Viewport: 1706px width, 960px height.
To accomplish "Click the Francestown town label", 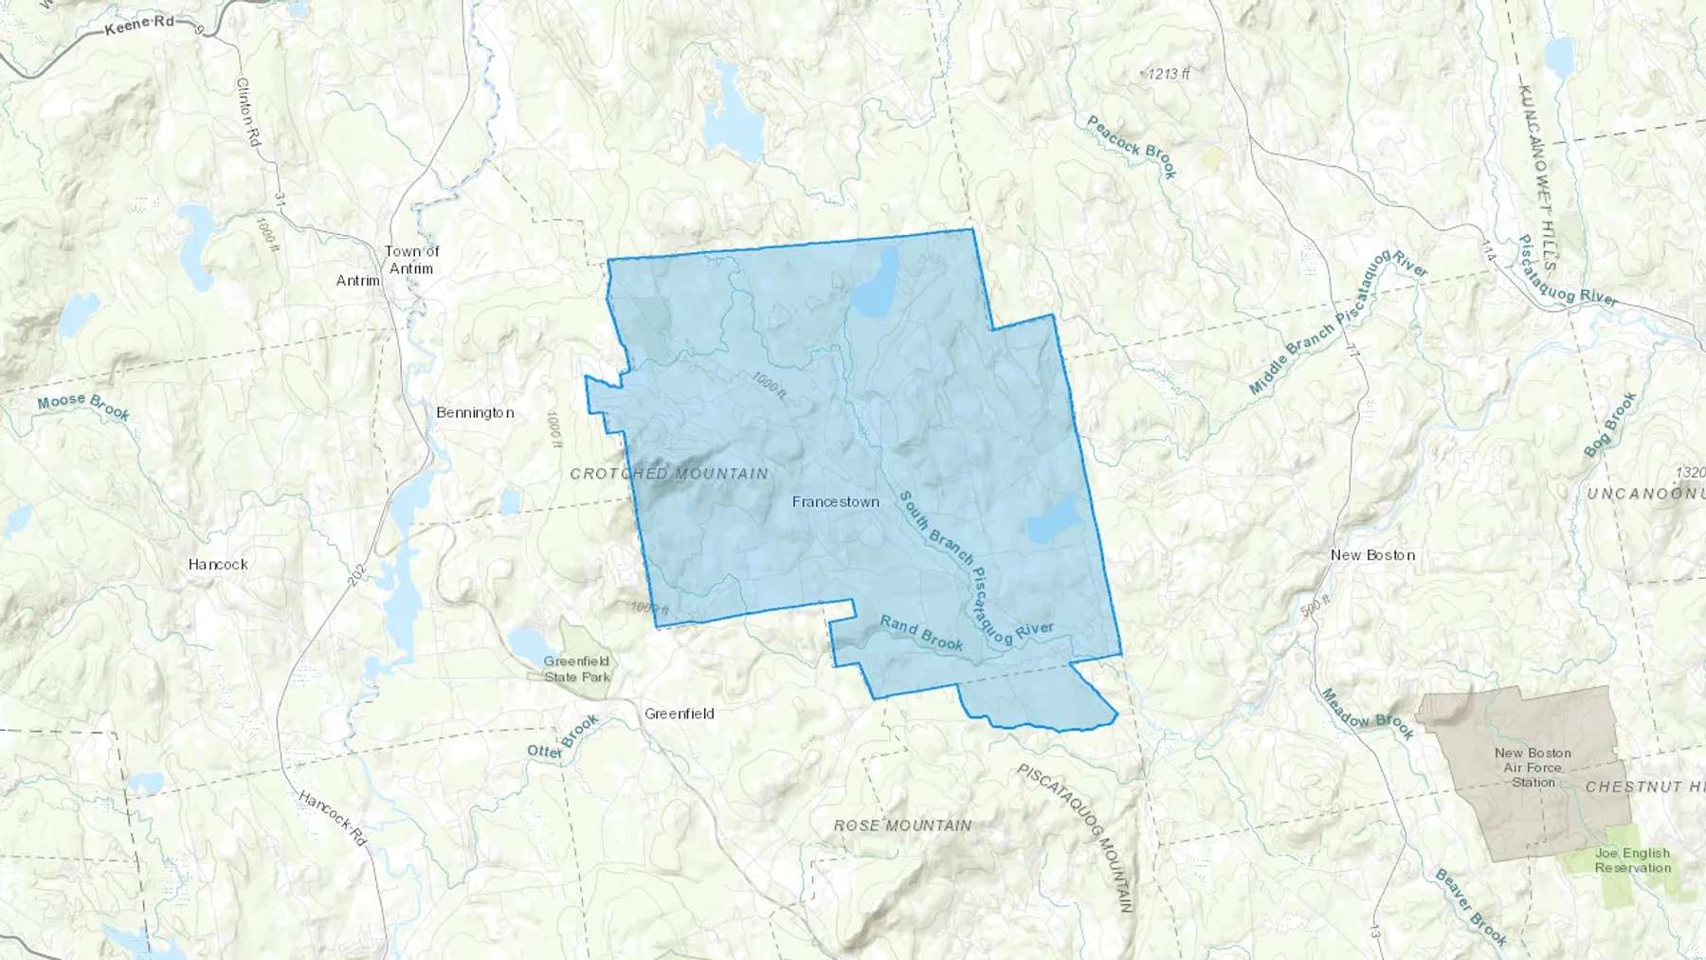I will point(835,502).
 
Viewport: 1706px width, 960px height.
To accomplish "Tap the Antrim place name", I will point(358,281).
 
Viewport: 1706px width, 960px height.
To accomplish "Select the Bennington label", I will point(475,412).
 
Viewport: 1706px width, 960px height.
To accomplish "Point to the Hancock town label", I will point(218,564).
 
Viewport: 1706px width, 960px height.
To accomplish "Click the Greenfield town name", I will point(679,714).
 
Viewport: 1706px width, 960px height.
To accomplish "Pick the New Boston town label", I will point(1372,555).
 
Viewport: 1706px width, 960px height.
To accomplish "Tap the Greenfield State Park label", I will point(577,669).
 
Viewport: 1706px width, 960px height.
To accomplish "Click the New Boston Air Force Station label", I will point(1533,768).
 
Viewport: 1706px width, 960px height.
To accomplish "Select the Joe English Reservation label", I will point(1632,860).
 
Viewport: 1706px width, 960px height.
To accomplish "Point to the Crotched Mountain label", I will point(669,473).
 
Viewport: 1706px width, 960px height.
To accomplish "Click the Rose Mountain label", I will point(902,825).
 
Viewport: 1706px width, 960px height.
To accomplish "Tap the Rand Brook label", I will point(921,633).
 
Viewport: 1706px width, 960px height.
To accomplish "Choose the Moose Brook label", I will point(83,406).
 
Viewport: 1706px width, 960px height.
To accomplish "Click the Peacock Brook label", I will point(1132,147).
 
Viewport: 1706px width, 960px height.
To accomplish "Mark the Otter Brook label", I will point(564,737).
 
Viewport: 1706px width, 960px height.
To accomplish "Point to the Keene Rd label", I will point(139,26).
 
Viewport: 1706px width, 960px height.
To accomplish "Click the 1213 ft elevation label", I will point(1168,74).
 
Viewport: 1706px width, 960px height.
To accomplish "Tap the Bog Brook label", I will point(1610,425).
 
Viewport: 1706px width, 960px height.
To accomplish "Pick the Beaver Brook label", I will point(1470,907).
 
